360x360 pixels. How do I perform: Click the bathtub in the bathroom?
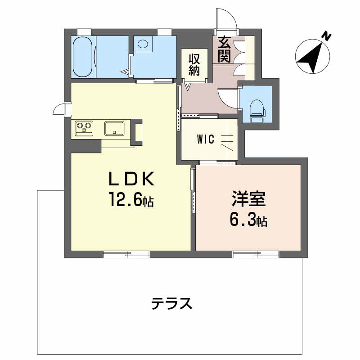coord(83,57)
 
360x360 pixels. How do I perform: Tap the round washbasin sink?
coord(143,43)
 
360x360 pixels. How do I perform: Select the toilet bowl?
coord(257,110)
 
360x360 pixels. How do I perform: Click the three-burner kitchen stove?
coord(84,128)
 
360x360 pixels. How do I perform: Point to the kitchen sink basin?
coord(114,128)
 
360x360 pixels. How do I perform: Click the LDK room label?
coord(131,179)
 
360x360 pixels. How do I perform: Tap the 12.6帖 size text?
coord(131,199)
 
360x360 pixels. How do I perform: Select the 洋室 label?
coord(249,198)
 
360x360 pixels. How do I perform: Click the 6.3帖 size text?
coord(248,220)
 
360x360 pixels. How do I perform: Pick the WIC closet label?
coord(206,139)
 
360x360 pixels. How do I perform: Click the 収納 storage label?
coord(194,65)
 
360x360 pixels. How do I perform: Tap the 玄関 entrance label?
coord(224,49)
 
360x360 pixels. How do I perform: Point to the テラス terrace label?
coord(171,303)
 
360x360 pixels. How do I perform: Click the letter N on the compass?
coord(326,36)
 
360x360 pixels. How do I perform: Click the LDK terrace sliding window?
coord(126,254)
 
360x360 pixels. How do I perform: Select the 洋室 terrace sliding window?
coord(256,254)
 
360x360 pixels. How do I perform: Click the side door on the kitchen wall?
coord(60,109)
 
